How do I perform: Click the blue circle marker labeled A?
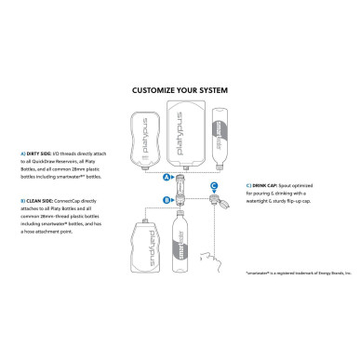(166, 177)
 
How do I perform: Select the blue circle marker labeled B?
(166, 198)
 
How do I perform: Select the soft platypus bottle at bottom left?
(142, 249)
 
